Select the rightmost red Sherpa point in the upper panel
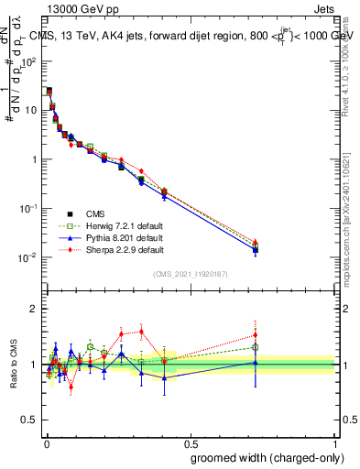click(256, 242)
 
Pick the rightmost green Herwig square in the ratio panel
click(256, 347)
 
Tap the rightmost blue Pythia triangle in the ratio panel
click(256, 362)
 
